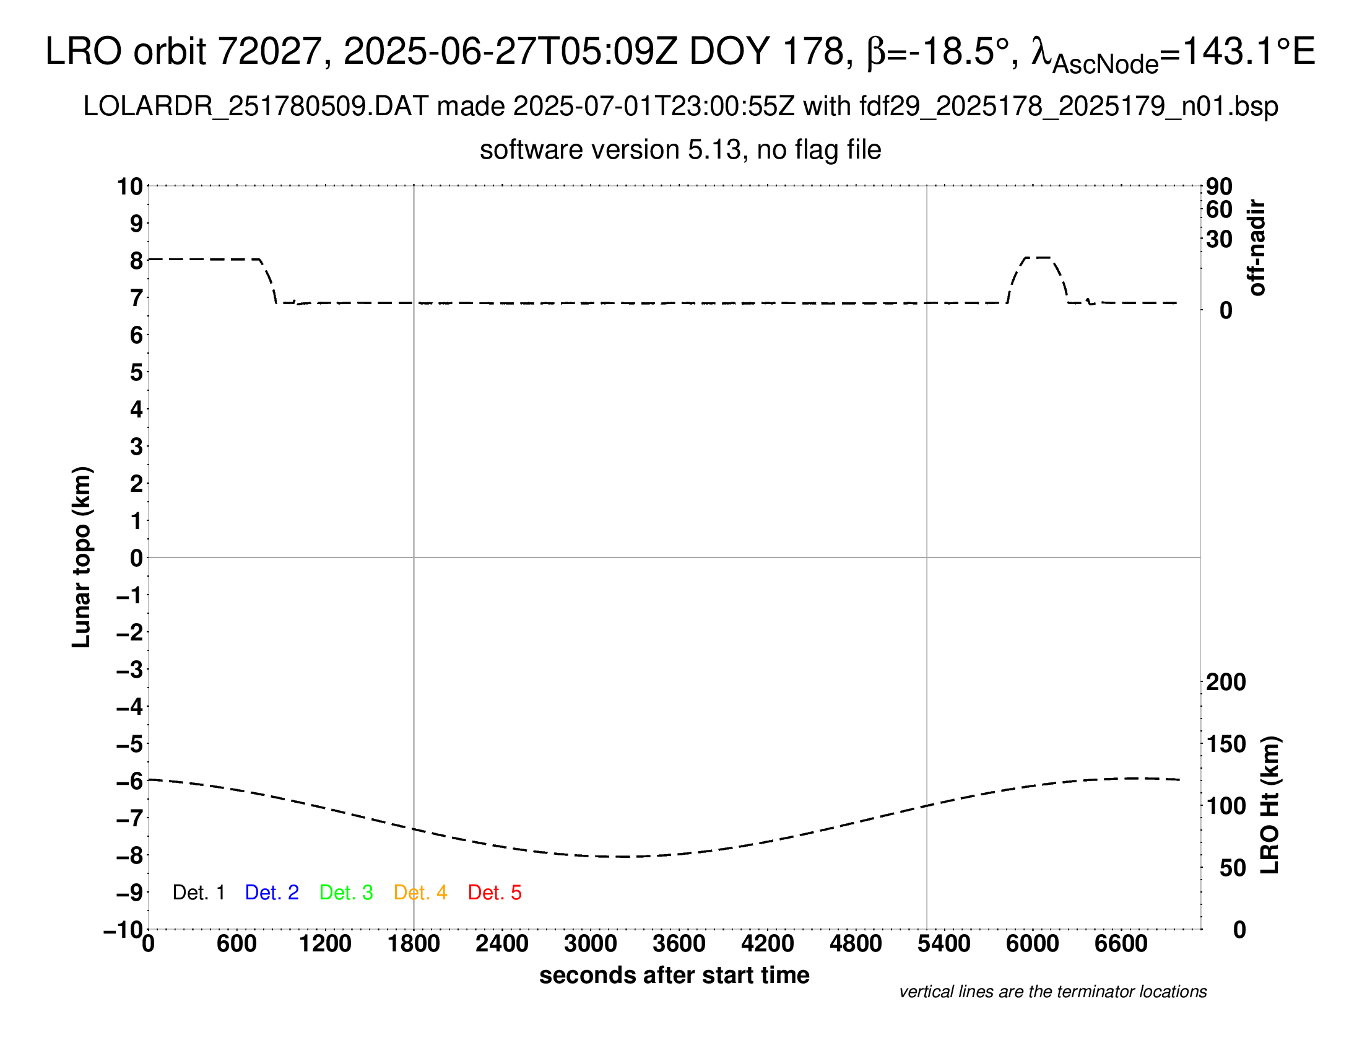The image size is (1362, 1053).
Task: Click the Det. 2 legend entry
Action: [x=272, y=893]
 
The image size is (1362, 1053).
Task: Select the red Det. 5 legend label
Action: [x=495, y=893]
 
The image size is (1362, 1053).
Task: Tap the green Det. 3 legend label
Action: [x=346, y=893]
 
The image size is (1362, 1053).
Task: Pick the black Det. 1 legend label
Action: [x=198, y=893]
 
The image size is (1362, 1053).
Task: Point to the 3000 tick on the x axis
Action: [x=591, y=943]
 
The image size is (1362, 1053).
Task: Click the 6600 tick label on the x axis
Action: [x=1121, y=943]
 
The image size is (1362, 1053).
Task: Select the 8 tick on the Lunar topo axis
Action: [x=136, y=261]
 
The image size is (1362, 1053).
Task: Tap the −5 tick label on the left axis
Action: [x=130, y=744]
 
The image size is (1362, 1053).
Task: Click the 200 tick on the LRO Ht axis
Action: [x=1226, y=682]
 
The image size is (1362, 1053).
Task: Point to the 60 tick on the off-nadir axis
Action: [x=1219, y=209]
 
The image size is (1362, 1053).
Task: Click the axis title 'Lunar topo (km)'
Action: [x=82, y=557]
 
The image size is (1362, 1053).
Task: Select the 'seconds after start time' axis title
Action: [x=674, y=975]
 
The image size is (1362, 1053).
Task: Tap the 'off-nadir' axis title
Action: [x=1257, y=248]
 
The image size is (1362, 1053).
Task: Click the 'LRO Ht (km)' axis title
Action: [x=1270, y=805]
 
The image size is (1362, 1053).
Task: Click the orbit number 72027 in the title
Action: [x=269, y=51]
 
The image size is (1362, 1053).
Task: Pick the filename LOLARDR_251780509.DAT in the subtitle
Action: [x=256, y=107]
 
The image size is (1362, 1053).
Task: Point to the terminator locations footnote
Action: [x=1052, y=992]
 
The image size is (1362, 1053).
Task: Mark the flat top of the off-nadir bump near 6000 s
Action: [x=1038, y=257]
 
